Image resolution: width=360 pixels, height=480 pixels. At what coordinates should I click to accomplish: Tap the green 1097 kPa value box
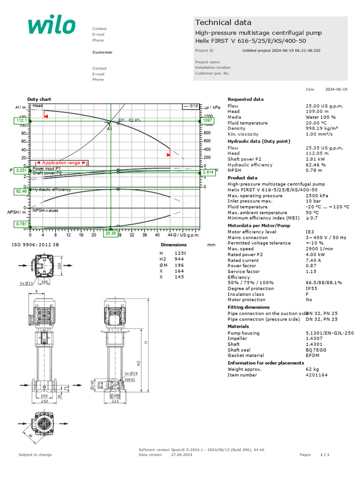[x=208, y=120]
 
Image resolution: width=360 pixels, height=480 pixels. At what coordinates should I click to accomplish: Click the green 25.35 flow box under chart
[x=111, y=233]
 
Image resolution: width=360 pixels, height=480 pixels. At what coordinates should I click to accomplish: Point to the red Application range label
[x=61, y=163]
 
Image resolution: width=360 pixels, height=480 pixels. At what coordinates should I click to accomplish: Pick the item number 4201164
[x=316, y=375]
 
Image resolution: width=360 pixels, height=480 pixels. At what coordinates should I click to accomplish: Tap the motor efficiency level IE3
[x=310, y=232]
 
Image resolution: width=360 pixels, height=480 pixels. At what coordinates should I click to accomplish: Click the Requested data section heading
[x=246, y=99]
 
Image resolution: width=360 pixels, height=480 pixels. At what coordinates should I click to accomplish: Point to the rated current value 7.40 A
[x=313, y=260]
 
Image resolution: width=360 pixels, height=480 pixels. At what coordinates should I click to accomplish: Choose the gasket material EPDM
[x=313, y=355]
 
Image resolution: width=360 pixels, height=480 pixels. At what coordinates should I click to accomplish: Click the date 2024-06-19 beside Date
[x=337, y=89]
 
